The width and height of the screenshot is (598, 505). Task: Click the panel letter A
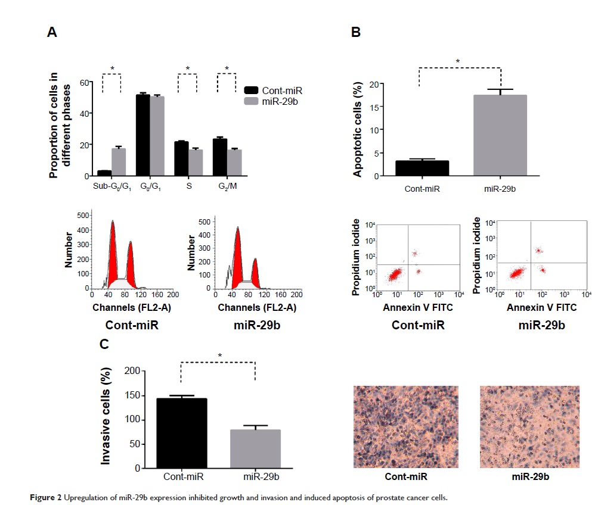click(52, 33)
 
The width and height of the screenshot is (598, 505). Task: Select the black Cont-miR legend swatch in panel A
click(252, 90)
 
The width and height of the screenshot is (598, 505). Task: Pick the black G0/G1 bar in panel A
click(143, 135)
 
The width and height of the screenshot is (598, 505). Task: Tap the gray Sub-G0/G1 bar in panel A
click(119, 162)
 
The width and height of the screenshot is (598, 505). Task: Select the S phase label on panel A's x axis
click(188, 186)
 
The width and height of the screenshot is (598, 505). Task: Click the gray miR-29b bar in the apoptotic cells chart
click(500, 136)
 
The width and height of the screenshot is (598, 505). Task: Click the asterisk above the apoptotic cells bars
click(458, 61)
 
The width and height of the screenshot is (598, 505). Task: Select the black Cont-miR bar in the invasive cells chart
click(181, 433)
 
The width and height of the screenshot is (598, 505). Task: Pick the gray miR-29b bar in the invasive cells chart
click(255, 449)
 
